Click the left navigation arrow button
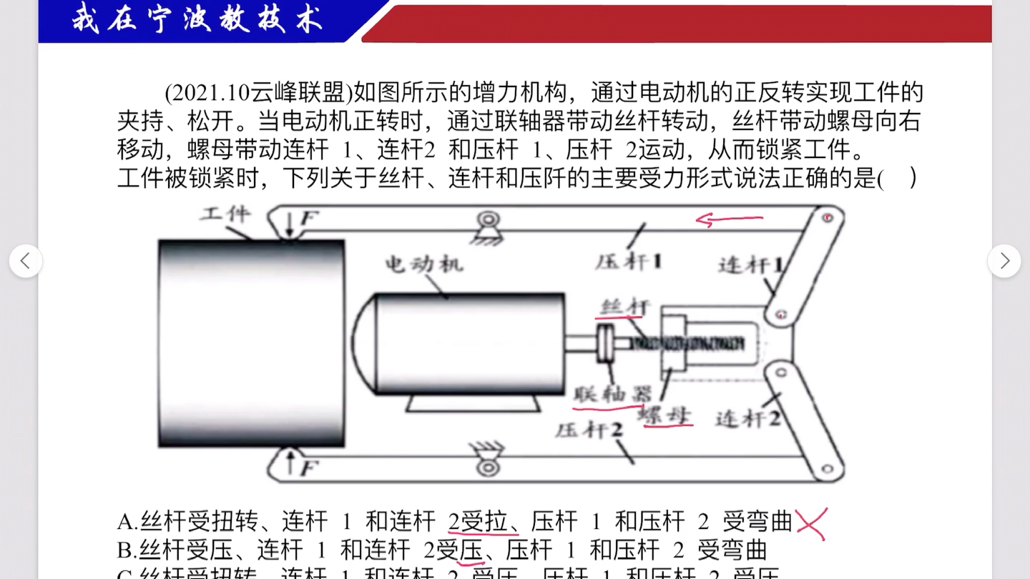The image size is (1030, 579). coord(26,261)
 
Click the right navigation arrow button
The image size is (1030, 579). coord(1004,261)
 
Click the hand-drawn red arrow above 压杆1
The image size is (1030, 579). coord(730,220)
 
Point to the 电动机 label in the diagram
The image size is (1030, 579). coord(425,264)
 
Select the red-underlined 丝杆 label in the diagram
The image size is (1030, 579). coord(624,307)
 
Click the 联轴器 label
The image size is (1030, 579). coord(614,394)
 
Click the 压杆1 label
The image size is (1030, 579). coord(628,262)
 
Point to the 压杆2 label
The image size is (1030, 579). coord(589,430)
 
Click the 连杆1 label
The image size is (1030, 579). coord(750,266)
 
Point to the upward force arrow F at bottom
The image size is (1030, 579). coord(290,462)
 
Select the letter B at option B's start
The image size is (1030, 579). coord(126,550)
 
